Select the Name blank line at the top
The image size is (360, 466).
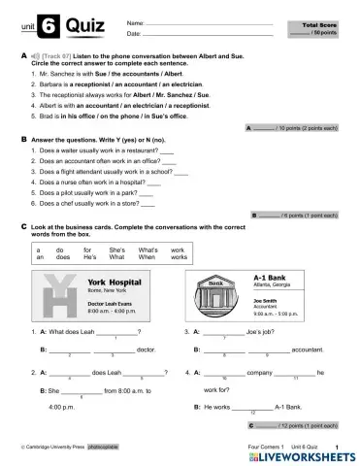point(194,21)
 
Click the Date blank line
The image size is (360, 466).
point(194,34)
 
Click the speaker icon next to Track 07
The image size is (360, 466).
point(35,59)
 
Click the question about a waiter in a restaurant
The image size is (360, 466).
point(102,151)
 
